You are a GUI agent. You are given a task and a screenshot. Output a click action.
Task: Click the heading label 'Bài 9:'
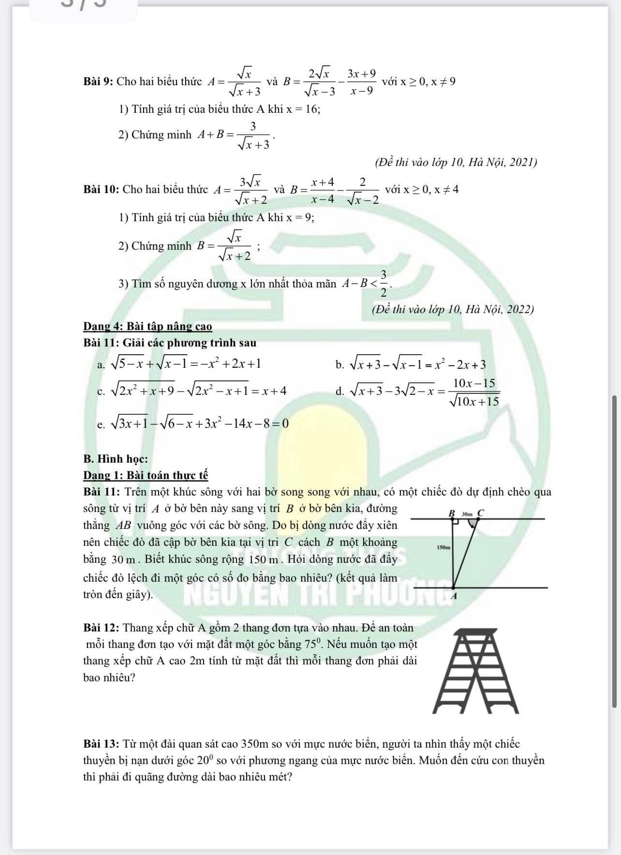(x=98, y=81)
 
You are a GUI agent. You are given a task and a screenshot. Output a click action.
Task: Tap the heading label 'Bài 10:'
(x=101, y=189)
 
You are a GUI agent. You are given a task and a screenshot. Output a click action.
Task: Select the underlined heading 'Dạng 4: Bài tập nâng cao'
(x=148, y=327)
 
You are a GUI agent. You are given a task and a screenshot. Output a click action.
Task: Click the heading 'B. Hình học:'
(x=116, y=459)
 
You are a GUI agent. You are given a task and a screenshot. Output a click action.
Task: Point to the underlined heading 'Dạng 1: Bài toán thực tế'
(x=146, y=475)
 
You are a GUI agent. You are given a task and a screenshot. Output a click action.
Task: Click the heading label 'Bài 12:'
(x=101, y=628)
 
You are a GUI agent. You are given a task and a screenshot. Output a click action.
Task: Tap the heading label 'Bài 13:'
(x=101, y=744)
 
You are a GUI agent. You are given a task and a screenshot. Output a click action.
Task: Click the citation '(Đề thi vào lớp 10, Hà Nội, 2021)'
(x=456, y=162)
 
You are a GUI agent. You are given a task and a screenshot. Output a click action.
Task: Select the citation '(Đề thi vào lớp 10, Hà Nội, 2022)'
(x=453, y=309)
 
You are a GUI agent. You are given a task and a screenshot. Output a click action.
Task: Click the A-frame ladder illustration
(x=475, y=671)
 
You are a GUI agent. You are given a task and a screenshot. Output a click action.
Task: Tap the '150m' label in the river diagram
(x=443, y=547)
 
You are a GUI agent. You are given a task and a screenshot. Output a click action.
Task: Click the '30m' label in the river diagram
(x=467, y=513)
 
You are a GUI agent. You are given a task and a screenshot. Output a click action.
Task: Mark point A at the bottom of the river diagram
(x=453, y=596)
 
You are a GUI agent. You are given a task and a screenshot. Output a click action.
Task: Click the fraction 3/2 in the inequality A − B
(x=384, y=283)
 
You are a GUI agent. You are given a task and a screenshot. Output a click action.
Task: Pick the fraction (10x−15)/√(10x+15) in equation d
(x=473, y=392)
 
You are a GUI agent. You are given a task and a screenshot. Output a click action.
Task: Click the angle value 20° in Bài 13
(x=205, y=760)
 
